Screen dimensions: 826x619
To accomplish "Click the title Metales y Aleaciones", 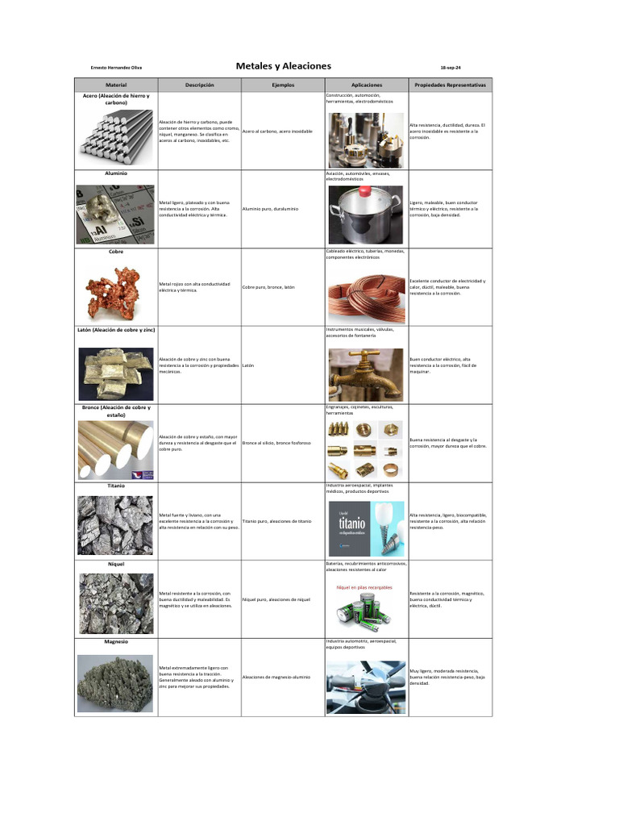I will (x=283, y=66).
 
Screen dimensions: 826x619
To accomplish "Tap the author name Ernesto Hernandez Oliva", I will (x=116, y=68).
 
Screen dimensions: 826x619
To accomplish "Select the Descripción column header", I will (x=199, y=85).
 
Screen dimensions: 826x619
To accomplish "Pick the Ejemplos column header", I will (x=283, y=85).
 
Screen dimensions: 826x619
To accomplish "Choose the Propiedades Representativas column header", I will (x=450, y=85).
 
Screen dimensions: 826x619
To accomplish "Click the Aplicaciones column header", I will (x=367, y=85).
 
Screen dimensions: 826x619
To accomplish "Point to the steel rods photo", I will (x=116, y=133).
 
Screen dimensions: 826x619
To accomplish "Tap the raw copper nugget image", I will (x=114, y=291).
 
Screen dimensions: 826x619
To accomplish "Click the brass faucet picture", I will (x=367, y=373).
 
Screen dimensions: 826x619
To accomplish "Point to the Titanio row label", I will (x=116, y=486).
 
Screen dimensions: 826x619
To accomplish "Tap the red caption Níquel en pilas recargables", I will (x=364, y=587).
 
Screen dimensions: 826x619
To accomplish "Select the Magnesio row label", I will (x=116, y=642).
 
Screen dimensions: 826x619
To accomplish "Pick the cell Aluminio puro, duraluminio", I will (x=270, y=209).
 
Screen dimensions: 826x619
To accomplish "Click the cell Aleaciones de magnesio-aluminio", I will (x=276, y=677).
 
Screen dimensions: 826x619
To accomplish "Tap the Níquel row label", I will (x=116, y=564).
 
